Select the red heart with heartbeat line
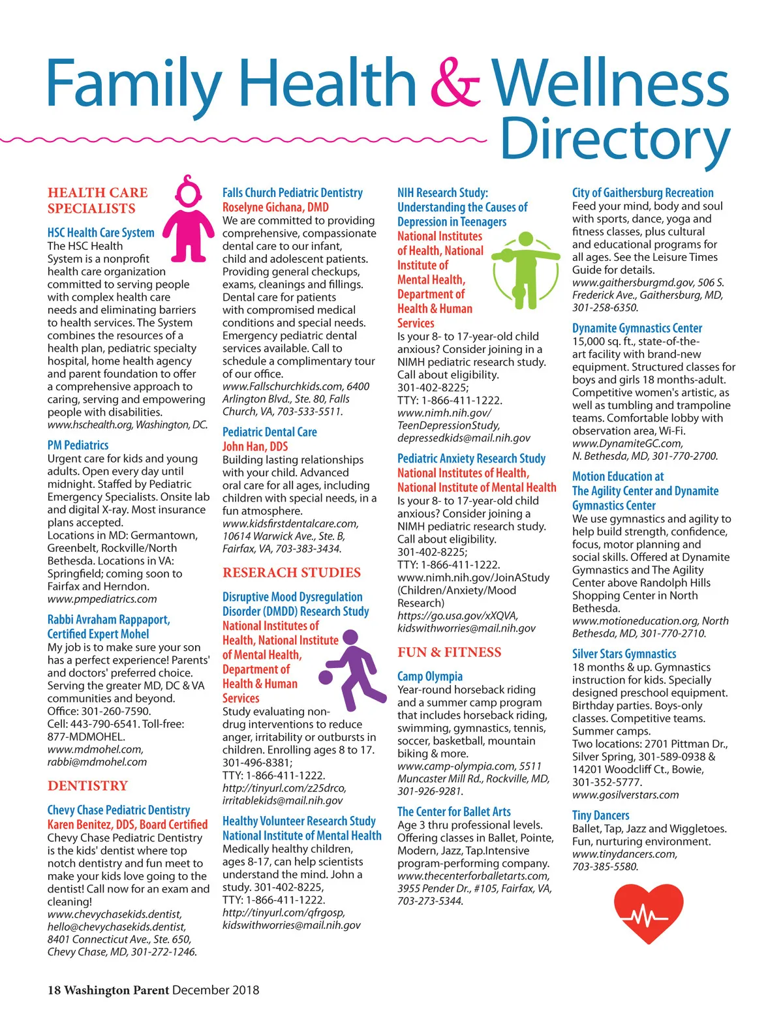[648, 913]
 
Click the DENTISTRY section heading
[87, 785]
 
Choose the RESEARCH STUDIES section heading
[291, 572]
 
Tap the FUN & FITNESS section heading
[449, 652]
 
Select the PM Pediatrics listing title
[78, 445]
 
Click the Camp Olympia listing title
[429, 676]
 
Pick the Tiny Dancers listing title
[600, 815]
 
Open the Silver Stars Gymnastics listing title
[624, 654]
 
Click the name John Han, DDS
[254, 446]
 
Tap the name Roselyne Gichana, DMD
[275, 207]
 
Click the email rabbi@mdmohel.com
[97, 761]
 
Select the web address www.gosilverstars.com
[625, 795]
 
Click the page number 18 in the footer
[54, 990]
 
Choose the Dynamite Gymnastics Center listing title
[637, 328]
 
